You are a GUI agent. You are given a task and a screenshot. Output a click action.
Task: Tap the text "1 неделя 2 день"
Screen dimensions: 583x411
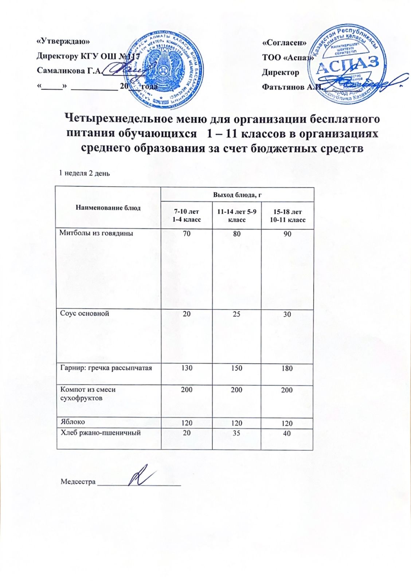(85, 173)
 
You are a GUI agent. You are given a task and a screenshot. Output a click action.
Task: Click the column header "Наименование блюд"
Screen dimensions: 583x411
(108, 208)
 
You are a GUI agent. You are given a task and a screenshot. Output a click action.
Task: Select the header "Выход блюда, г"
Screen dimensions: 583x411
(238, 195)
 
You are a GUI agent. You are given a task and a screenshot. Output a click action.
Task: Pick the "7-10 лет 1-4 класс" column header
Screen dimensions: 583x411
(187, 215)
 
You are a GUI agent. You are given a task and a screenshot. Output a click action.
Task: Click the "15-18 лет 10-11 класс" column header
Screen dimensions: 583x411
(287, 216)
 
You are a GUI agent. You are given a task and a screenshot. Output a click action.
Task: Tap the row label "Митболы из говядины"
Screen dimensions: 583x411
(96, 233)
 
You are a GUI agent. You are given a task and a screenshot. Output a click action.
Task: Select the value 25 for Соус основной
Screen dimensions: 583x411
(237, 314)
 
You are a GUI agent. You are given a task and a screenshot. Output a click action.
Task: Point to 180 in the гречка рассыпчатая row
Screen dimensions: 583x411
(287, 368)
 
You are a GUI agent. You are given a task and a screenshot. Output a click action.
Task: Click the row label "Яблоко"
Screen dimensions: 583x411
(73, 422)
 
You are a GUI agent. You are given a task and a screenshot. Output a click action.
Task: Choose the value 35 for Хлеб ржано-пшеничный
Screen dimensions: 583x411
(237, 434)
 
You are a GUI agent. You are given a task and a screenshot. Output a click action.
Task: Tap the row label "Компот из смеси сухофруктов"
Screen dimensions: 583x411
(88, 394)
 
